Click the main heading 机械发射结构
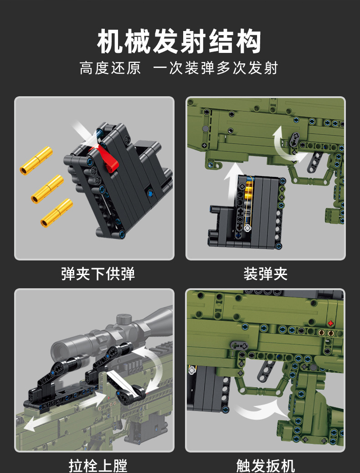coord(180,42)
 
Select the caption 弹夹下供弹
coord(98,274)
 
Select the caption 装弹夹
coord(265,274)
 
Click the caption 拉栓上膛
coord(98,465)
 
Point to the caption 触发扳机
coord(265,465)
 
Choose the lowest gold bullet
coord(57,213)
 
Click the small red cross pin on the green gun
coord(330,323)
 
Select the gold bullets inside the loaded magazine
coord(248,192)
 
